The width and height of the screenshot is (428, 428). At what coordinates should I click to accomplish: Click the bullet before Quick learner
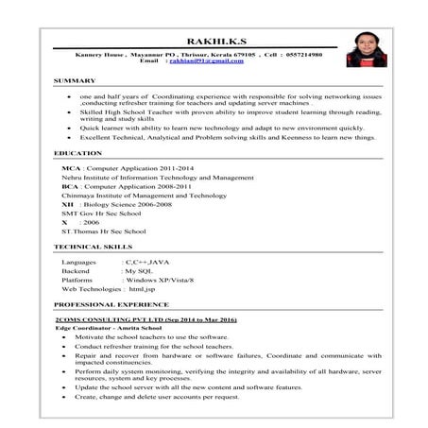click(x=70, y=128)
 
